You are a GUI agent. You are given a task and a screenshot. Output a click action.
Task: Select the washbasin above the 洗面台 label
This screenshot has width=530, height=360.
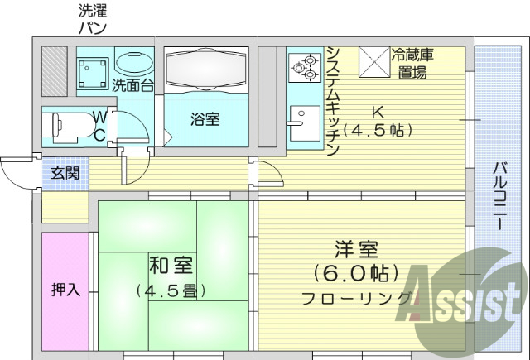pos(132,63)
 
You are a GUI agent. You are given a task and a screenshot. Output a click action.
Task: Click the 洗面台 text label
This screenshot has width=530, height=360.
pos(132,84)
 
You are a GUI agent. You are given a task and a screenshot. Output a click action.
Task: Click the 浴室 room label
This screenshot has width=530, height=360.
pos(205,120)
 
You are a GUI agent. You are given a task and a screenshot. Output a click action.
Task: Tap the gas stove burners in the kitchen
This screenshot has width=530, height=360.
pos(305,66)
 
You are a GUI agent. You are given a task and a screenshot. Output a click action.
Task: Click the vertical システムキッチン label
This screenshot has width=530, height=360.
pos(332,99)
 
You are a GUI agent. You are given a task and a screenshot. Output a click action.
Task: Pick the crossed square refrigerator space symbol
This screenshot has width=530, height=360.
pos(373,60)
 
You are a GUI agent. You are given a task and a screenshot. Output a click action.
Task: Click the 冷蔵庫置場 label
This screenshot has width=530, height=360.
pos(412,63)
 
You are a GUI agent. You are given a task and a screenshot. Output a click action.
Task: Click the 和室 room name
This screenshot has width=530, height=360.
pos(171,267)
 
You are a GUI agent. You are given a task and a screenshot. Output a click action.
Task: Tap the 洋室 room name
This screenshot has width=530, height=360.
pos(356,249)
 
